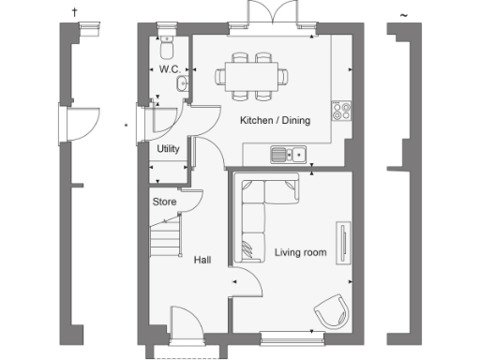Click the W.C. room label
click(169, 70)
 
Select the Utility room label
click(168, 149)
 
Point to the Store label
click(164, 201)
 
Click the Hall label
click(202, 260)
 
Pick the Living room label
click(300, 252)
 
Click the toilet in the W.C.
click(167, 46)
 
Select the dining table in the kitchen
click(253, 74)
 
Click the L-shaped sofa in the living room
click(261, 214)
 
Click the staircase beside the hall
click(165, 234)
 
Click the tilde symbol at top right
click(403, 14)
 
